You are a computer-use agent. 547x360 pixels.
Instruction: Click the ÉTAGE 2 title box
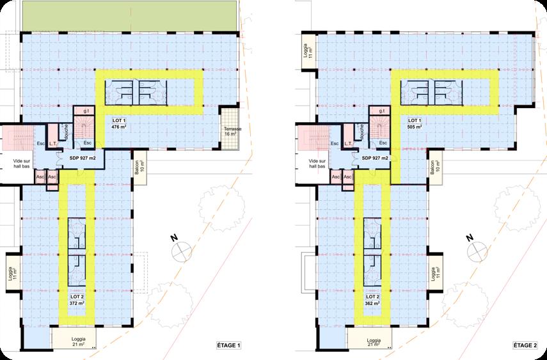pyautogui.click(x=524, y=346)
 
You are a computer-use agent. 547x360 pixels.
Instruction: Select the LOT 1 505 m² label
pyautogui.click(x=415, y=123)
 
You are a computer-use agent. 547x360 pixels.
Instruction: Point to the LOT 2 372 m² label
pyautogui.click(x=77, y=301)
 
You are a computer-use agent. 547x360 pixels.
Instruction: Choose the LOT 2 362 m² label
pyautogui.click(x=372, y=301)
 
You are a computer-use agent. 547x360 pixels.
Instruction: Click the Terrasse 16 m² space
pyautogui.click(x=230, y=132)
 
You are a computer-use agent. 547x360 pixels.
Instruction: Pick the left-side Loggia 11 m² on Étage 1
pyautogui.click(x=10, y=271)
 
